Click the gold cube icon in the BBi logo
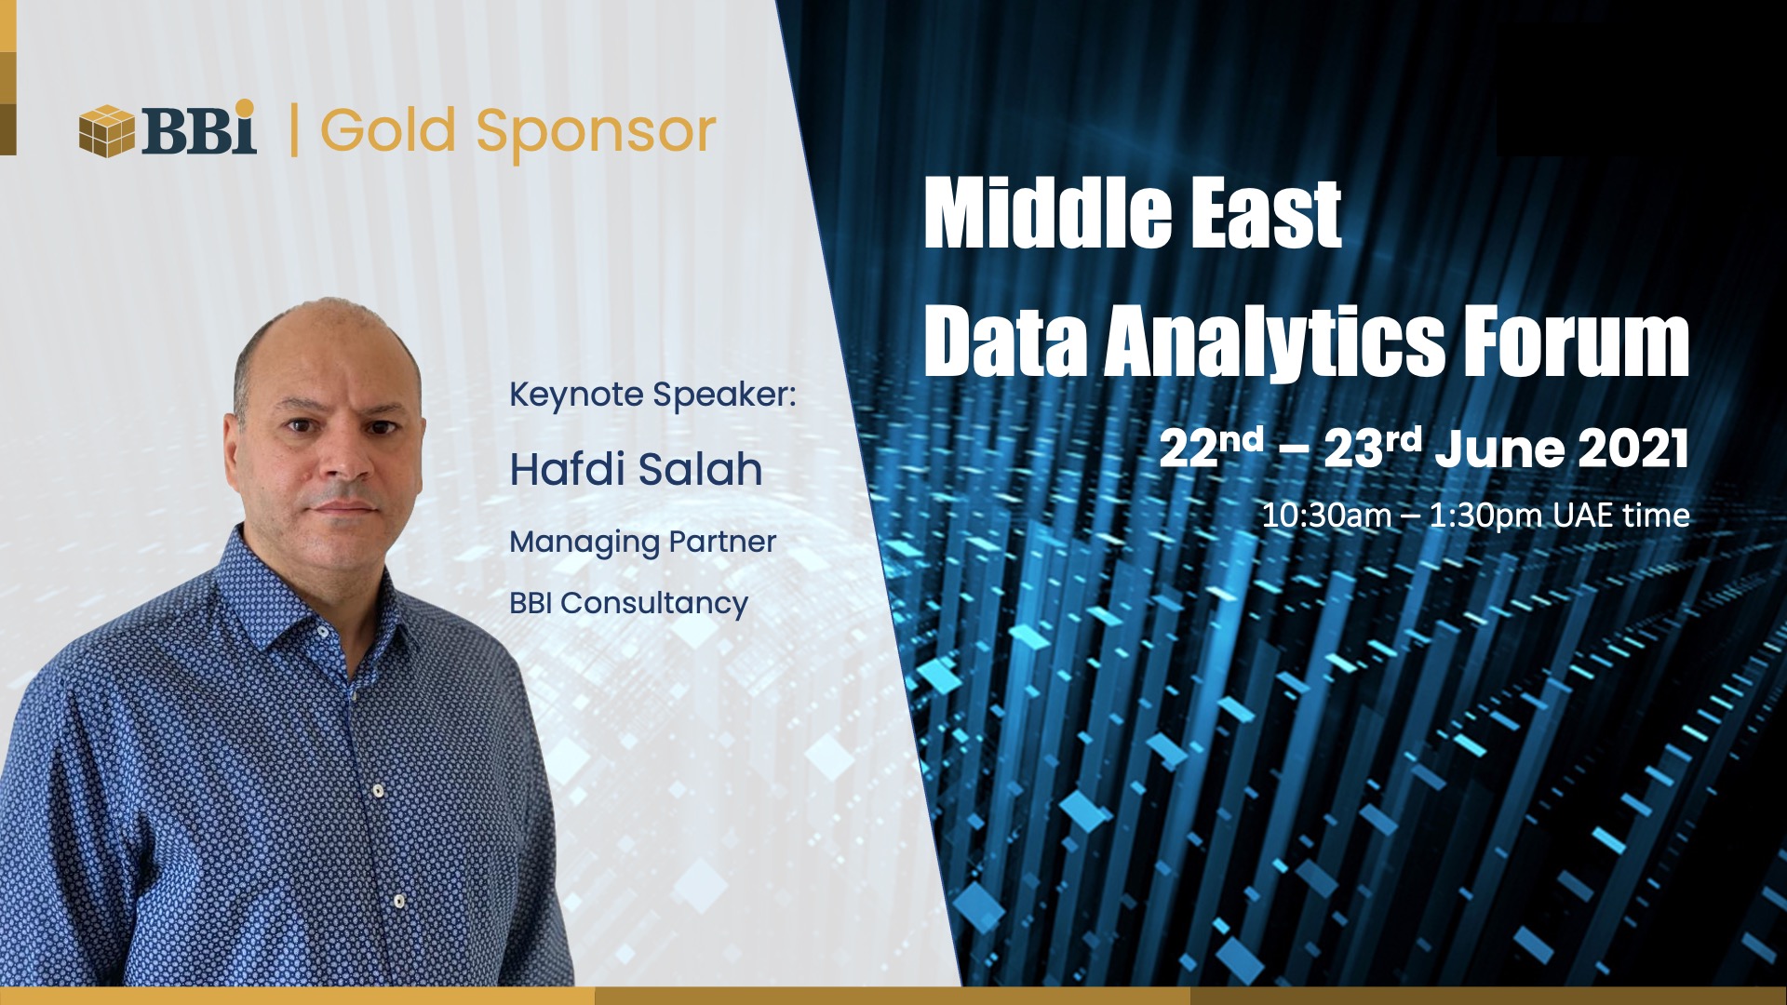point(107,130)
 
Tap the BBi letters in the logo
point(198,128)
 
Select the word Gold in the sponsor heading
point(388,130)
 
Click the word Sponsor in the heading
point(596,134)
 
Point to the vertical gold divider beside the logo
point(294,130)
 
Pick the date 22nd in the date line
point(1211,449)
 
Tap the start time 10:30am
point(1326,516)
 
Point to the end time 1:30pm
point(1485,516)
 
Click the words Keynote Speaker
point(652,395)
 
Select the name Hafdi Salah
point(636,469)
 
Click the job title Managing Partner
point(642,543)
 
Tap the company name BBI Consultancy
point(628,604)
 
